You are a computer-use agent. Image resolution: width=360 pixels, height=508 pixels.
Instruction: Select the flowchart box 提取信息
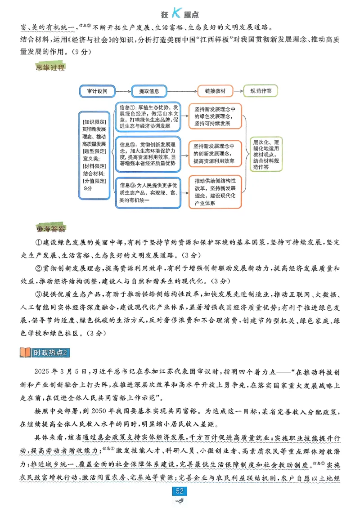click(x=149, y=91)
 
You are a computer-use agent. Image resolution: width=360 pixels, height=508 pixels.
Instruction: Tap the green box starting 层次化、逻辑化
click(x=267, y=154)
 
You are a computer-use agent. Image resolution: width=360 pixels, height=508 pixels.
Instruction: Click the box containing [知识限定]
click(x=94, y=154)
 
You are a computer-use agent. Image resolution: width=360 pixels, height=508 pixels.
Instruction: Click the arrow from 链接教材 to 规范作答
click(x=239, y=91)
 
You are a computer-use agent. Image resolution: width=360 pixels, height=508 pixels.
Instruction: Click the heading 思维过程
click(x=49, y=68)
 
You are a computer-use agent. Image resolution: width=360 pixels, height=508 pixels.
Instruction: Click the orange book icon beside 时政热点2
click(x=26, y=352)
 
